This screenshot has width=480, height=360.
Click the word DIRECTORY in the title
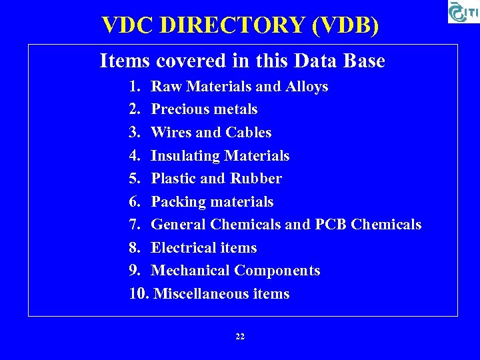233,25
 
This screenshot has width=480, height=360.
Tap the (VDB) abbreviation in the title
345,25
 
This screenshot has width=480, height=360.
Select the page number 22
240,337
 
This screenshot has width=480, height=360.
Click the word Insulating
185,156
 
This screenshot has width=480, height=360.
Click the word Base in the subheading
364,61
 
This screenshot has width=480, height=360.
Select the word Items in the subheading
125,61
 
